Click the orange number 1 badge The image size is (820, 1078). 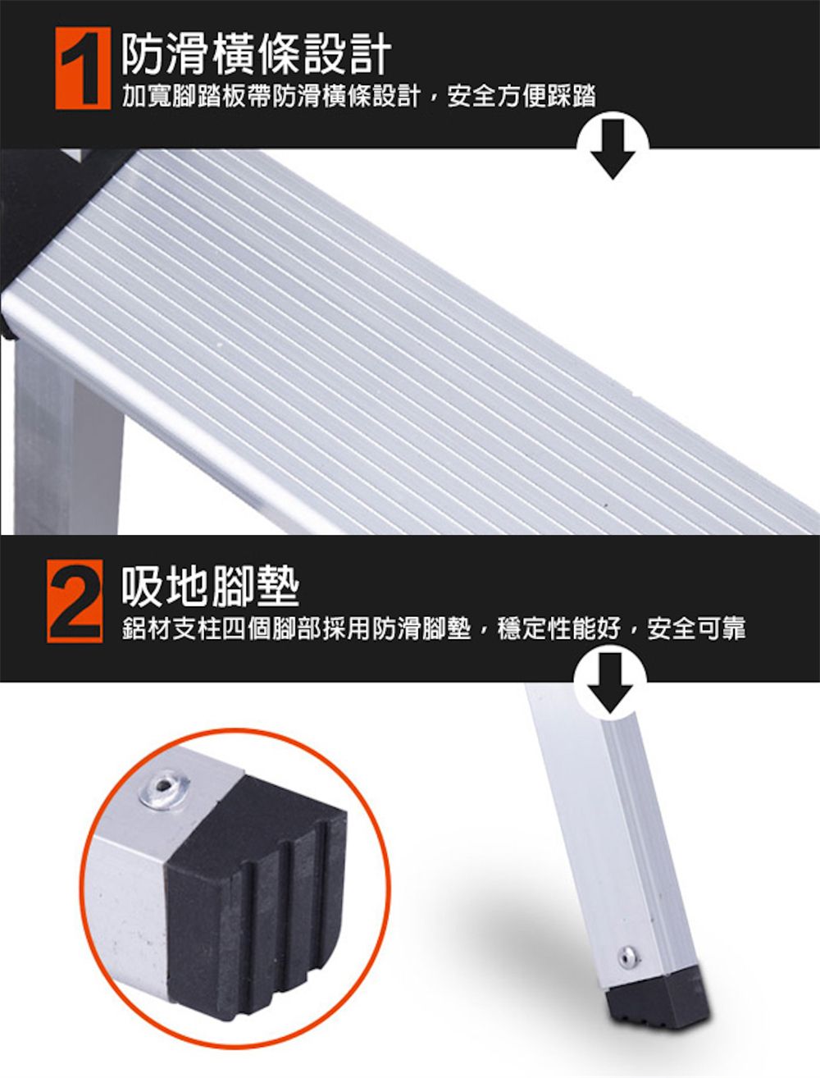(x=83, y=68)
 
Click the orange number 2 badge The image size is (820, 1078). (x=75, y=601)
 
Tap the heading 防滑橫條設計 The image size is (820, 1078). (x=256, y=54)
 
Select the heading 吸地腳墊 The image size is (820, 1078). (x=210, y=586)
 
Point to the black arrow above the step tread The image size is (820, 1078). (x=613, y=148)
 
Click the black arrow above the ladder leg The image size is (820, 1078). (x=610, y=683)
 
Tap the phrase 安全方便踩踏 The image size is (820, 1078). (x=522, y=96)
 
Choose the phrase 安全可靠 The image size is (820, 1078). (x=696, y=628)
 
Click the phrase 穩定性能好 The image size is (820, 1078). (x=558, y=628)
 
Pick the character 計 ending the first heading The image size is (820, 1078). (x=369, y=54)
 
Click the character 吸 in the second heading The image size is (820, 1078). (x=143, y=586)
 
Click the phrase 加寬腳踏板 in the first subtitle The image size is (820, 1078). (x=184, y=96)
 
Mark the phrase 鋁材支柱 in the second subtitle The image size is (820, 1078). (x=171, y=628)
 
